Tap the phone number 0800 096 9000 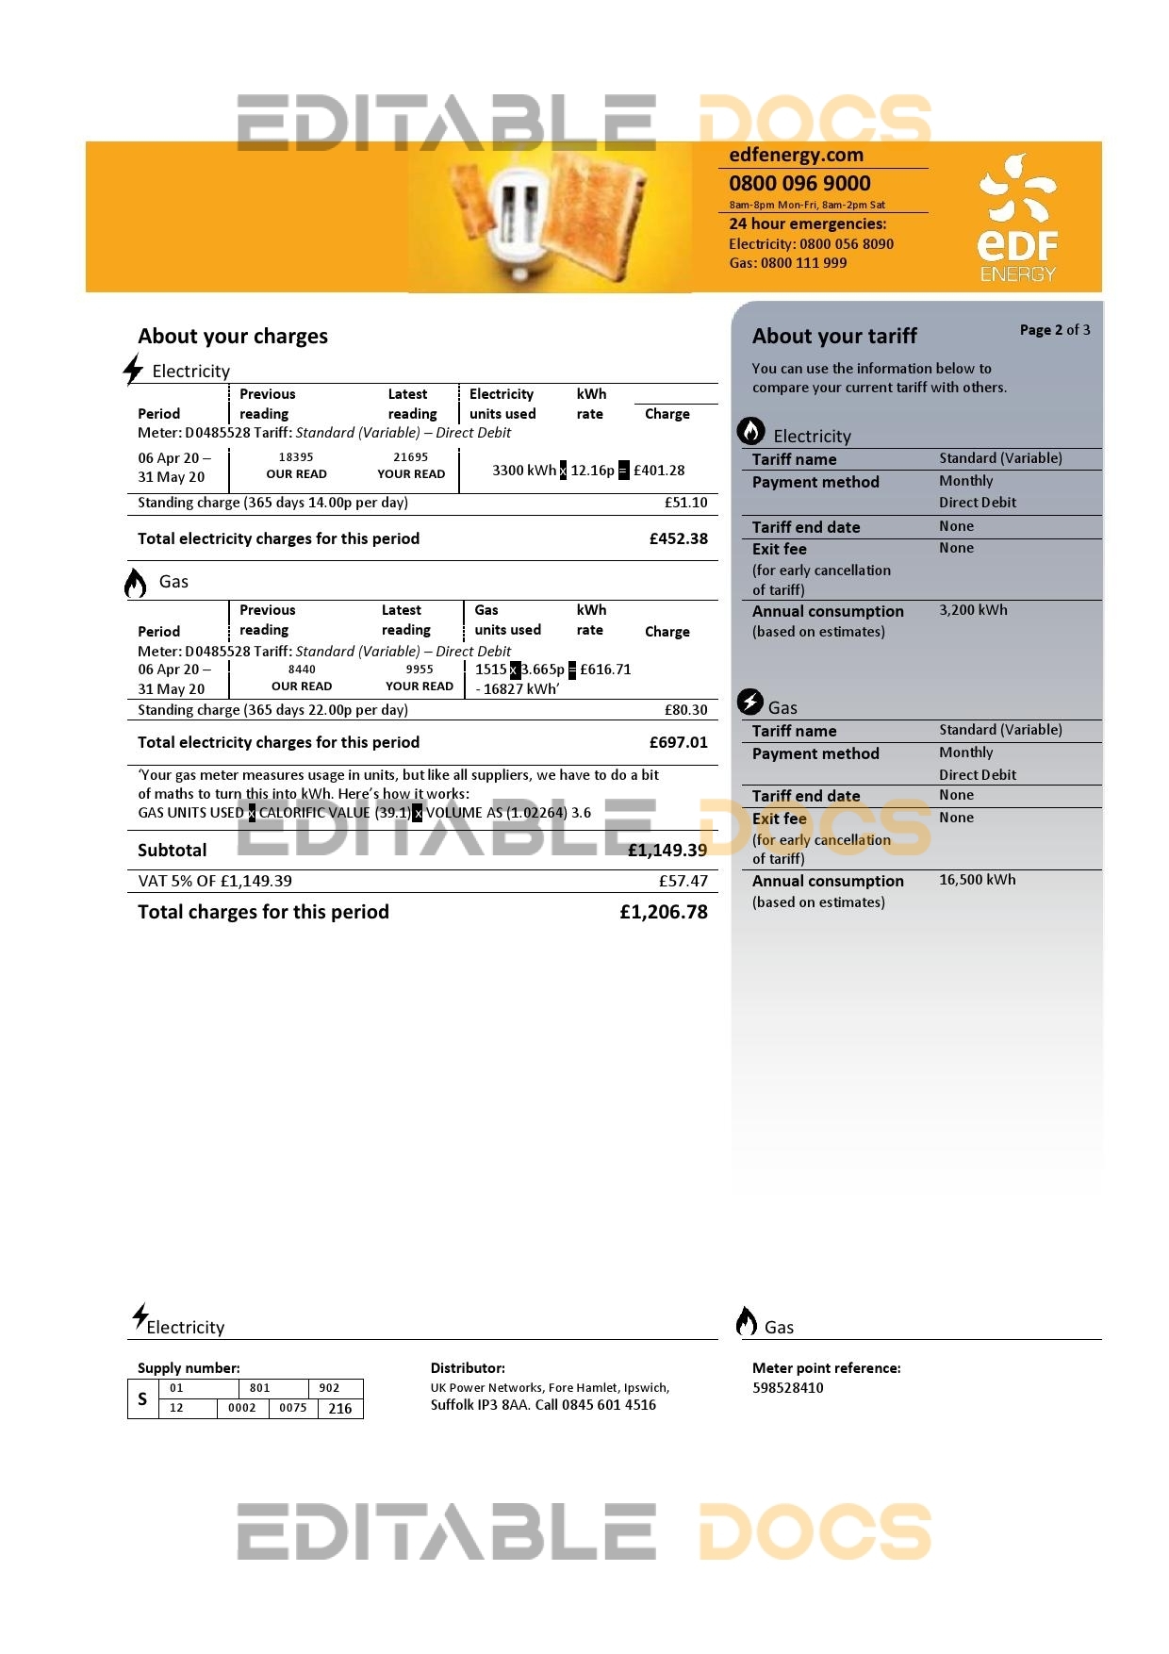[799, 184]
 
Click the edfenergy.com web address [796, 155]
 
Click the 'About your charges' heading [233, 336]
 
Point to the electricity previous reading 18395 [296, 457]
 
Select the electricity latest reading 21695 [411, 457]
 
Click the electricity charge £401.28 [659, 470]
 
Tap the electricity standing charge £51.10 [685, 503]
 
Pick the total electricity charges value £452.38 [678, 538]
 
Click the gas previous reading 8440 [302, 670]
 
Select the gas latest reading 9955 [420, 670]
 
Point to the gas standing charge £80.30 [685, 710]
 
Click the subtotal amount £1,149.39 [667, 850]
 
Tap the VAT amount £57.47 [683, 881]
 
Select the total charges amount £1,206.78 [663, 912]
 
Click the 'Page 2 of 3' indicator [1054, 330]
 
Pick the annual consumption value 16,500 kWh [977, 880]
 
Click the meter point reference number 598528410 [787, 1388]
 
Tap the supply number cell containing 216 [340, 1409]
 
